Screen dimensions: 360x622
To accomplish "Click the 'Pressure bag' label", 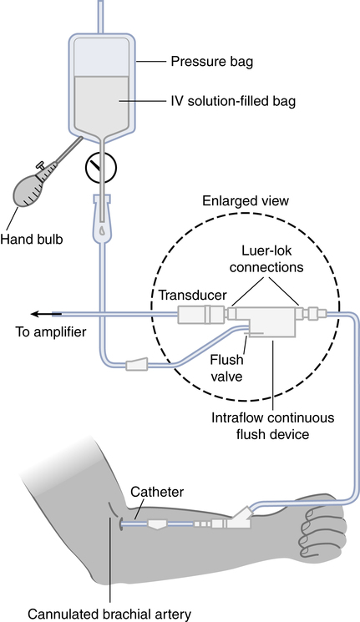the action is pos(211,62).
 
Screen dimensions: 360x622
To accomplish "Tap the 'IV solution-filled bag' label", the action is pos(233,101).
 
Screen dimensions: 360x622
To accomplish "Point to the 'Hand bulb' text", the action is pos(32,240).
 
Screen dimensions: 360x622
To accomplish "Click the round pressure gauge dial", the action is pos(101,168).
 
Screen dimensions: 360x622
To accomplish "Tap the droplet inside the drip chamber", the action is pos(103,230).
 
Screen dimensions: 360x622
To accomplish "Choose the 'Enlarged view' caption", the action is pos(246,200).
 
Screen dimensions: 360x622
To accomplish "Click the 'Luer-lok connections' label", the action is pos(266,259).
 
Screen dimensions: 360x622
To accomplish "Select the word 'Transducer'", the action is pos(192,295).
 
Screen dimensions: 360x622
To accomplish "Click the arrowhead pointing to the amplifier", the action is pos(36,314).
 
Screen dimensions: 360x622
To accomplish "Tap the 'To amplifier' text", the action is pos(50,331).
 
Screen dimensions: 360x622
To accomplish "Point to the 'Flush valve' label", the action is pos(226,367).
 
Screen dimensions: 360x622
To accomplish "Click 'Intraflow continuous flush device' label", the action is pos(272,426).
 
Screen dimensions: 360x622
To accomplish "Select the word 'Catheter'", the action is pos(157,492).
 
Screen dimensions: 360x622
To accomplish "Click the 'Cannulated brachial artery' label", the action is pos(109,614).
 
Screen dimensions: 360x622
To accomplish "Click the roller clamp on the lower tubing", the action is pos(137,364).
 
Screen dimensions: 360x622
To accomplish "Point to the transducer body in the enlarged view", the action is pos(200,315).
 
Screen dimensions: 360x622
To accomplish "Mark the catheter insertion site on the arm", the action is pos(120,524).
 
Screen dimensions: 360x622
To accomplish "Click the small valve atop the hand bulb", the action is pos(40,165).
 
